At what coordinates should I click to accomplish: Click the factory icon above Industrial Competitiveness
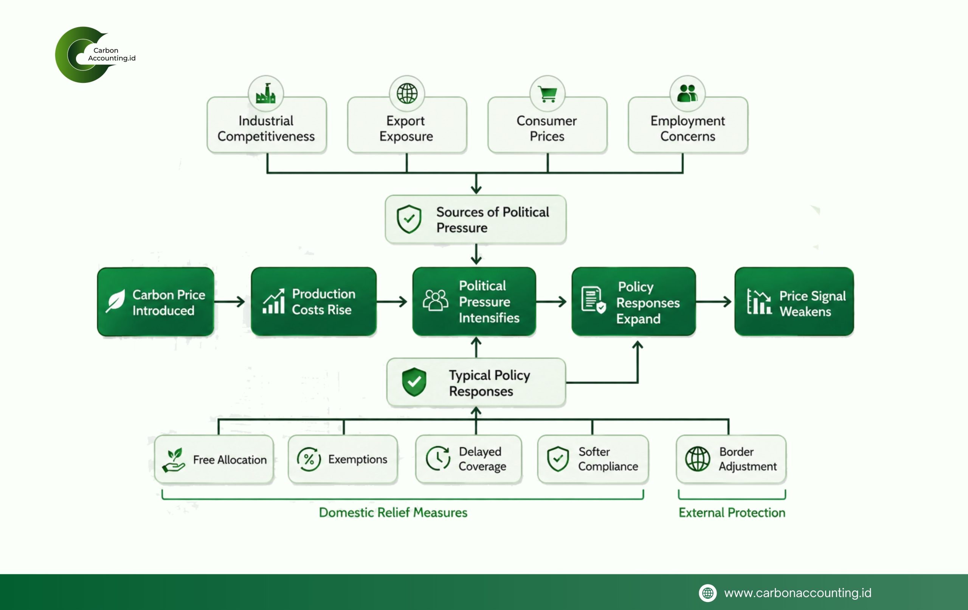pos(265,93)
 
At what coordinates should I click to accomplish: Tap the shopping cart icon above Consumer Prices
pos(547,93)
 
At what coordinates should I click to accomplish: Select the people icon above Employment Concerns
pos(687,93)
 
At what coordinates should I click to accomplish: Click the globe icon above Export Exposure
pos(407,93)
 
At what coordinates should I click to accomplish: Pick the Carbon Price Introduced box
pos(155,301)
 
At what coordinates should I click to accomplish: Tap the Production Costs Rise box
pos(313,301)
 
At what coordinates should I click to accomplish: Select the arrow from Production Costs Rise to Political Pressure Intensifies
pos(392,301)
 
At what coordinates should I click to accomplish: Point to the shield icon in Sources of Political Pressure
pos(409,219)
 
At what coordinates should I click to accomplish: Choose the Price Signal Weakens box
pos(794,301)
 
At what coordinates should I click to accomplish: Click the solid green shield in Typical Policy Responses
pos(414,382)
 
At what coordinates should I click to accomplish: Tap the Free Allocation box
pos(214,459)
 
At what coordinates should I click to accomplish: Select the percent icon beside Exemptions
pos(309,459)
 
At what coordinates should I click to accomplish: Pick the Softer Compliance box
pos(593,459)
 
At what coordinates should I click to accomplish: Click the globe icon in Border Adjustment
pos(698,459)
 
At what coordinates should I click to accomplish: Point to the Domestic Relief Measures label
pos(393,512)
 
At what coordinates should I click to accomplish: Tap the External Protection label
pos(732,512)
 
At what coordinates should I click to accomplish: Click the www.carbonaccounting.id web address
pos(797,593)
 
